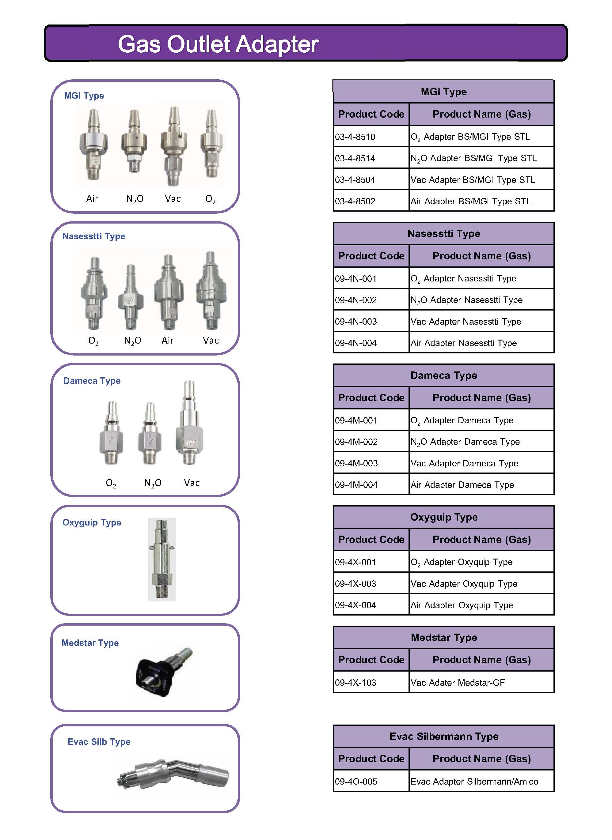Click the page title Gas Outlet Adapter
click(x=218, y=44)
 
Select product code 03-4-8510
click(x=355, y=137)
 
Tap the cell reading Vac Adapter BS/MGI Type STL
click(x=473, y=180)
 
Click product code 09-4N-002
click(x=355, y=300)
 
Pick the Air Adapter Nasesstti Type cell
click(x=463, y=343)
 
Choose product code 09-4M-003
click(x=356, y=463)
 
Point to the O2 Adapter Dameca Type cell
click(x=462, y=420)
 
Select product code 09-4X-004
click(x=355, y=605)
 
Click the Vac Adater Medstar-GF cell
click(x=458, y=683)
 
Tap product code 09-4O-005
click(x=356, y=782)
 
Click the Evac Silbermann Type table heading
click(x=443, y=736)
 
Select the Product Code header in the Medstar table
click(x=371, y=660)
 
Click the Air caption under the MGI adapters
click(x=92, y=199)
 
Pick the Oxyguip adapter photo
click(x=162, y=559)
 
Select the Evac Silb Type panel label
click(x=99, y=742)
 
